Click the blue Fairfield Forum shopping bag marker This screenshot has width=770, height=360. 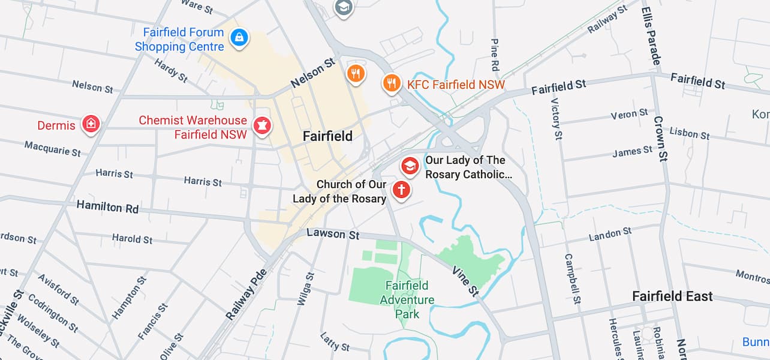(239, 38)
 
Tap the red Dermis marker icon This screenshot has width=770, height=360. (91, 124)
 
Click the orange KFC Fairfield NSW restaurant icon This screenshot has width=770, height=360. (392, 83)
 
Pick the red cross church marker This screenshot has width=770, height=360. (401, 190)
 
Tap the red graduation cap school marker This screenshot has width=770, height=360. (410, 166)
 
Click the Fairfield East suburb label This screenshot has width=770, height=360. (672, 296)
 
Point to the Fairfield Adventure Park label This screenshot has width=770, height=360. (407, 299)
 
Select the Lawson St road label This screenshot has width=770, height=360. (333, 233)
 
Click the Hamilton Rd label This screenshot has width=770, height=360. (107, 207)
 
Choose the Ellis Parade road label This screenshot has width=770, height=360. (651, 36)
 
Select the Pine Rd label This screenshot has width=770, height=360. (495, 54)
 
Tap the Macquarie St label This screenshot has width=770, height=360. (52, 148)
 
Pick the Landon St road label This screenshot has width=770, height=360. (610, 235)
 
